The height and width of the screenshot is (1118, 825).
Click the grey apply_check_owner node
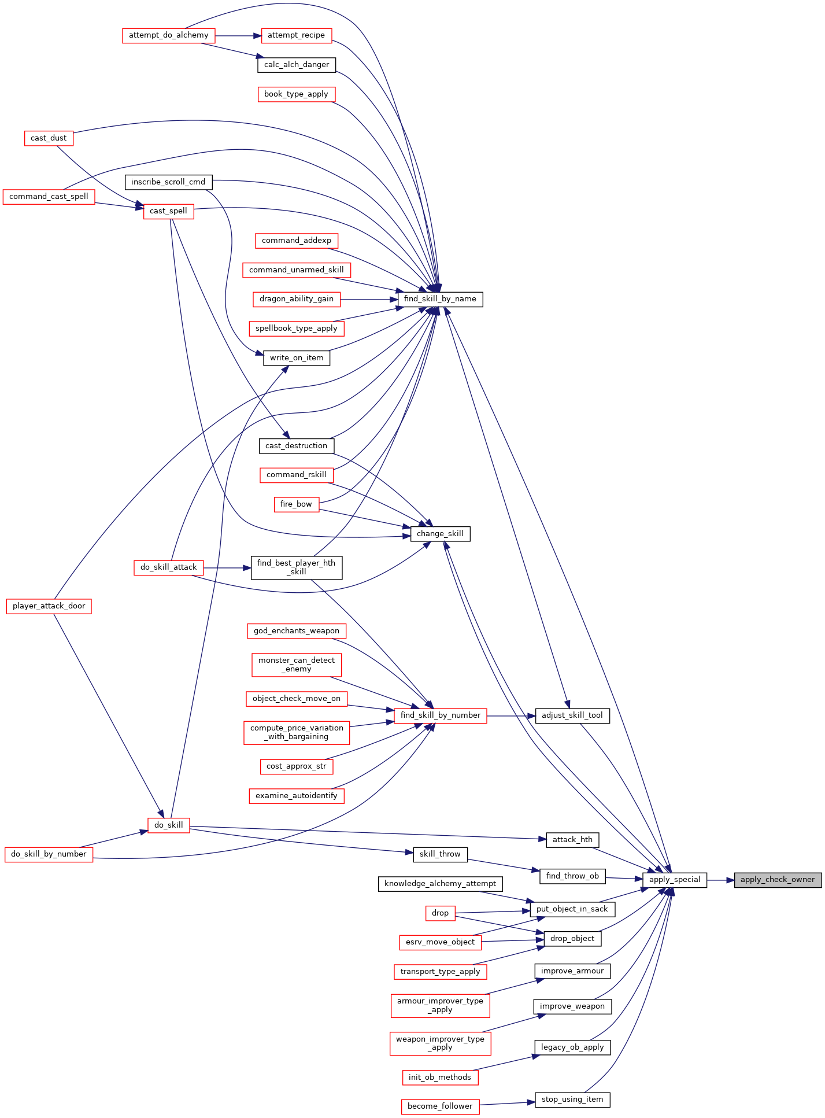click(x=778, y=880)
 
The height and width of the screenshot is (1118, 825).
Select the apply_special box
click(x=674, y=880)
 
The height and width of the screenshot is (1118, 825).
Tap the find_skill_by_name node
click(x=440, y=299)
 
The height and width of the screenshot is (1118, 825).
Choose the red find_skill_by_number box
click(x=440, y=715)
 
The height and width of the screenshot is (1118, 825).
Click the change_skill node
click(x=440, y=533)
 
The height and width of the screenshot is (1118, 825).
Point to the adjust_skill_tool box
click(x=572, y=715)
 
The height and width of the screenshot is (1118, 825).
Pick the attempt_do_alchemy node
click(x=168, y=35)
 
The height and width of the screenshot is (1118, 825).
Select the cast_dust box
click(x=49, y=138)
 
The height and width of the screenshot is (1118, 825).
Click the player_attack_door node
click(x=49, y=606)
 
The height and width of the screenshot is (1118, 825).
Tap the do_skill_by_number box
click(x=49, y=854)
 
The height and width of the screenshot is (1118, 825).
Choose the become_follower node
click(x=440, y=1106)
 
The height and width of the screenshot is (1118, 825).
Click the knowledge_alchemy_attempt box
click(x=440, y=884)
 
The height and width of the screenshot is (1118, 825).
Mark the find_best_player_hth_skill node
click(x=297, y=567)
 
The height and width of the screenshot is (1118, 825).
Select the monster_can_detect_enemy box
click(x=297, y=665)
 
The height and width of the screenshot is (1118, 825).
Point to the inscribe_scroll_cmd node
click(x=168, y=182)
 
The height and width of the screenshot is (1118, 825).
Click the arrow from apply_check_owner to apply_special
click(x=720, y=880)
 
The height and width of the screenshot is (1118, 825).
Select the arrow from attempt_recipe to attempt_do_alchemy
click(x=238, y=35)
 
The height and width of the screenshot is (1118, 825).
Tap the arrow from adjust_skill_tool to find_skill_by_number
click(x=511, y=715)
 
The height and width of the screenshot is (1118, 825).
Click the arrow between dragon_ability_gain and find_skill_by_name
click(x=369, y=299)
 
